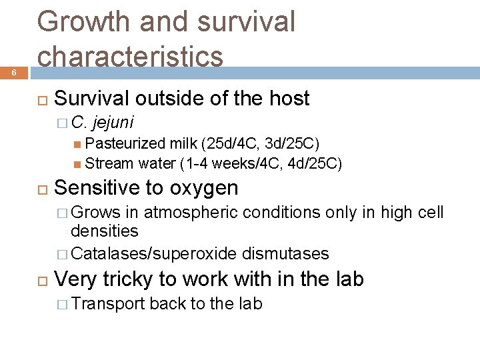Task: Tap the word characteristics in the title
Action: [131, 56]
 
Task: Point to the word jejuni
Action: [113, 122]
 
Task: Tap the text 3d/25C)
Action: [296, 143]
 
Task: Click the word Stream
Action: [110, 163]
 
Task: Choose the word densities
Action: [105, 231]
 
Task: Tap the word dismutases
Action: [285, 253]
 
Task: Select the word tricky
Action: [134, 279]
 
